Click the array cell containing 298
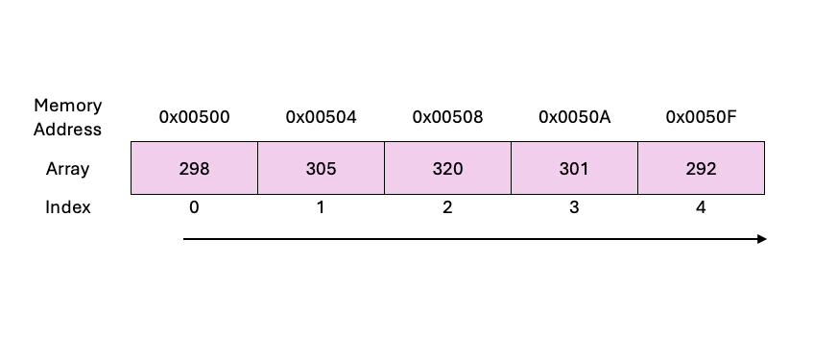coord(194,168)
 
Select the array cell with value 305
coord(321,168)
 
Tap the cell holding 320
coord(447,168)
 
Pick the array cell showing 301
coord(574,168)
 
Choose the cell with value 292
coord(701,168)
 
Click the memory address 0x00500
coord(194,117)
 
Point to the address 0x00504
coord(321,117)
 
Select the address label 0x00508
coord(447,117)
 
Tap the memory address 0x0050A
coord(574,117)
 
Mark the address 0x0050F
coord(701,117)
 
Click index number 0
coord(194,206)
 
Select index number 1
coord(321,206)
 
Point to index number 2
coord(447,206)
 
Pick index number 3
coord(574,206)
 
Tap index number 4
coord(701,206)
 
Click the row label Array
coord(67,169)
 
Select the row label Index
coord(67,206)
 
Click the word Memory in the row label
coord(67,105)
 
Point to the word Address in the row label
coord(67,129)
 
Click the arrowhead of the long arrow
coord(761,239)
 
